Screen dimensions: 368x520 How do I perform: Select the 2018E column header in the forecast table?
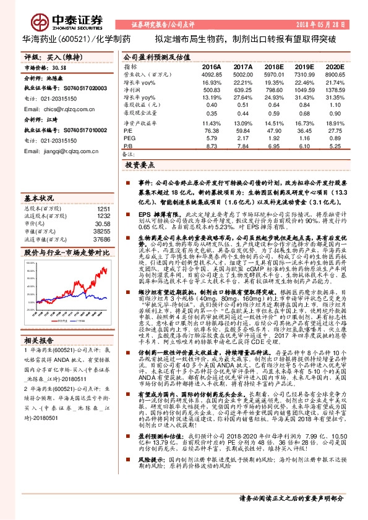point(273,66)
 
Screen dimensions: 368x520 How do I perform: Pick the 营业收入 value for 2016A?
point(212,73)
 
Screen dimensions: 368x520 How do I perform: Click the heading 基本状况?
point(39,198)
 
